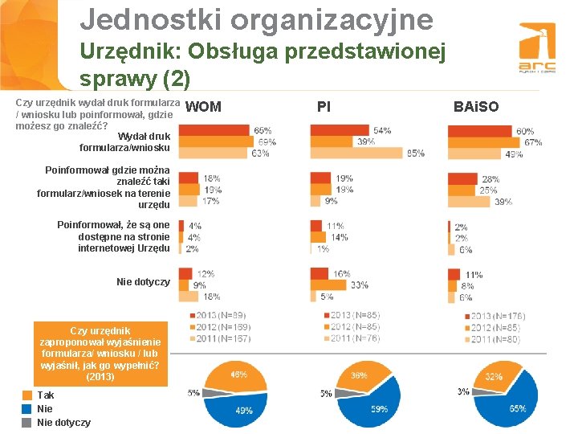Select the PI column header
[324, 106]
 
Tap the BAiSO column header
[476, 106]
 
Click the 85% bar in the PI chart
[357, 153]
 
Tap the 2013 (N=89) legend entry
[217, 315]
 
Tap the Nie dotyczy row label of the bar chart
[143, 282]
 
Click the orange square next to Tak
[26, 395]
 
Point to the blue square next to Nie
[26, 409]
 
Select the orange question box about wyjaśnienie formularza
[100, 354]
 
